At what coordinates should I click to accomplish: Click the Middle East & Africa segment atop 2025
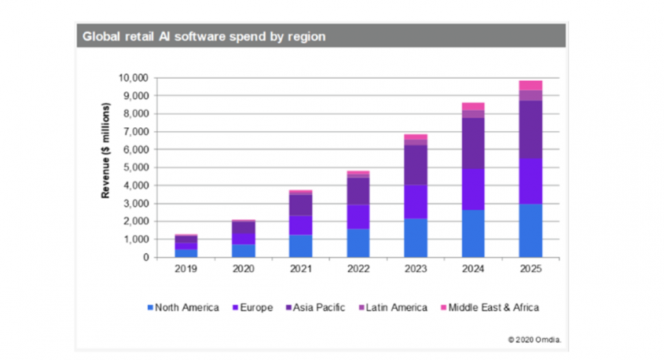pos(530,85)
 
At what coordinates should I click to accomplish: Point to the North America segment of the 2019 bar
pos(186,252)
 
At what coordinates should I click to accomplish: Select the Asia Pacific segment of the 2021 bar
pos(301,204)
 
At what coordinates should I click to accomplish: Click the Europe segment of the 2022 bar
pos(358,217)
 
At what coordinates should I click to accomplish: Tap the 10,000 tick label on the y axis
pos(133,78)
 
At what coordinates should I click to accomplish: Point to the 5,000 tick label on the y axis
pos(135,167)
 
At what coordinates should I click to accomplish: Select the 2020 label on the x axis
pos(244,268)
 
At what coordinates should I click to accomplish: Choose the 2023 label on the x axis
pos(415,268)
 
